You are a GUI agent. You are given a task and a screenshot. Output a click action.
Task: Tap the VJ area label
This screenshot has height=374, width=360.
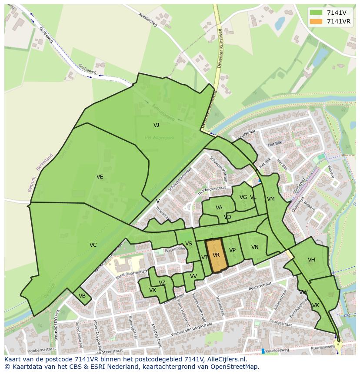156,125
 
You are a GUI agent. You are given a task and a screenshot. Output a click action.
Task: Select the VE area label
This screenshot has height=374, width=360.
100,177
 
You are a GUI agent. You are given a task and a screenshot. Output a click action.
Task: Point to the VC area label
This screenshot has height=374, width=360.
93,245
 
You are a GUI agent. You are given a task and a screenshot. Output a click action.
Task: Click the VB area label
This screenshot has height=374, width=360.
82,296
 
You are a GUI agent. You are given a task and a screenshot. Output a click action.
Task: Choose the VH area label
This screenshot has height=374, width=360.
311,260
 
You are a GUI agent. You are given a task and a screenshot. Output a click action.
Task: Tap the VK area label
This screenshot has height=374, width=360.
316,305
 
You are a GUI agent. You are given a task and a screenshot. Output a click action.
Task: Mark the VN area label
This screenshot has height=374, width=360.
255,247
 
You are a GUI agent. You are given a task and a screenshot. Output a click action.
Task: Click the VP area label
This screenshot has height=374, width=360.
232,250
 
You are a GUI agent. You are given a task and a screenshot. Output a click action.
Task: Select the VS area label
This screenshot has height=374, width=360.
188,244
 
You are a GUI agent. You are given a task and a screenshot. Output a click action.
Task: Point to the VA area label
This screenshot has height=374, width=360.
219,208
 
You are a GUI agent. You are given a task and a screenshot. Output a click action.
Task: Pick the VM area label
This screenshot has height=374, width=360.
271,199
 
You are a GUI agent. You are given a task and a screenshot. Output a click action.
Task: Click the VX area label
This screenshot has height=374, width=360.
153,290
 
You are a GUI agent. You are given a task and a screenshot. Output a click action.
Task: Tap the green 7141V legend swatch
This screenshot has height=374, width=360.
316,13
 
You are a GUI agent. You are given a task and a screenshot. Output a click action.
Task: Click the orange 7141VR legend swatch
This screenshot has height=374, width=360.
316,21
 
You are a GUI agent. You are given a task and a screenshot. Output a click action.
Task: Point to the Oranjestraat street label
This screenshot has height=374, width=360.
281,322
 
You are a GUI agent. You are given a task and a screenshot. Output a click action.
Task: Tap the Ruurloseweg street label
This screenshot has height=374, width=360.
278,350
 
